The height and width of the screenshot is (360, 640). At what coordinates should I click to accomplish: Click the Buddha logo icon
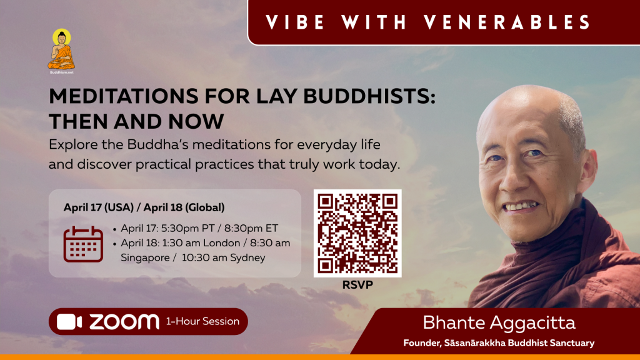(61, 49)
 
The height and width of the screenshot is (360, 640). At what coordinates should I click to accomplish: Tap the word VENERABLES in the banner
(507, 22)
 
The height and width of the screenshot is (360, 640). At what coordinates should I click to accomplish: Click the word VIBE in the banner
(295, 22)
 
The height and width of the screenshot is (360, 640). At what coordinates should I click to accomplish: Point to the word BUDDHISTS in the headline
(369, 97)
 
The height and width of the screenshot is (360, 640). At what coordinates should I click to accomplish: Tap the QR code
(357, 234)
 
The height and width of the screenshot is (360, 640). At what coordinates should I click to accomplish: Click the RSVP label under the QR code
(357, 285)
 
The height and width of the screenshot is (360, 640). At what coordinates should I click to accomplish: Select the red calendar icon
(83, 244)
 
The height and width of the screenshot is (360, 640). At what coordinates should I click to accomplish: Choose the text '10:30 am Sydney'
(224, 257)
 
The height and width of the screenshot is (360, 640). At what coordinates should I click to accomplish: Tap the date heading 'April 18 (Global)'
(184, 207)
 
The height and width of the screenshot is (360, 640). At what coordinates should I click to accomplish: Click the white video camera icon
(69, 322)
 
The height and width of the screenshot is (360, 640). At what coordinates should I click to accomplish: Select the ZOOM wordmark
(124, 322)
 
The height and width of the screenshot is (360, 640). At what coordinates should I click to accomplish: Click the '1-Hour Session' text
(202, 322)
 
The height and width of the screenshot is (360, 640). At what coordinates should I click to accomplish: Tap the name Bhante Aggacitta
(499, 323)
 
